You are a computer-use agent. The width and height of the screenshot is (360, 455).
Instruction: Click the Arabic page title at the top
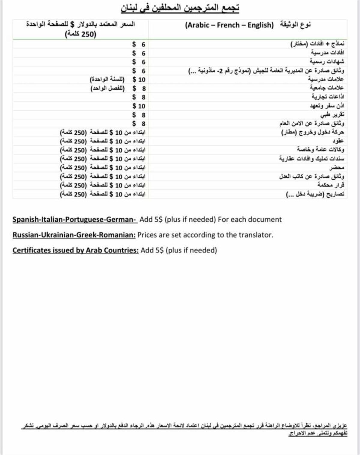coord(180,8)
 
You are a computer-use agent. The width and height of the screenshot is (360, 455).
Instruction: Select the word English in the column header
coord(260,25)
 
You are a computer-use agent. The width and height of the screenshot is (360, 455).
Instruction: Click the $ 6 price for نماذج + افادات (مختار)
coord(139,44)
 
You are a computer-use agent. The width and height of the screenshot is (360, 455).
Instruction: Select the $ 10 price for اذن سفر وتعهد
coord(139,106)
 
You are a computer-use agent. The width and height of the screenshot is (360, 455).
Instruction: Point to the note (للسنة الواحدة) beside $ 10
coord(107,79)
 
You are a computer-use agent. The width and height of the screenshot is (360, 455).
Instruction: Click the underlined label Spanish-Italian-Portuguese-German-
coord(74,220)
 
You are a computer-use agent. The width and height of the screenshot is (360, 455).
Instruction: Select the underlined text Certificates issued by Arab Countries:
coord(75,250)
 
